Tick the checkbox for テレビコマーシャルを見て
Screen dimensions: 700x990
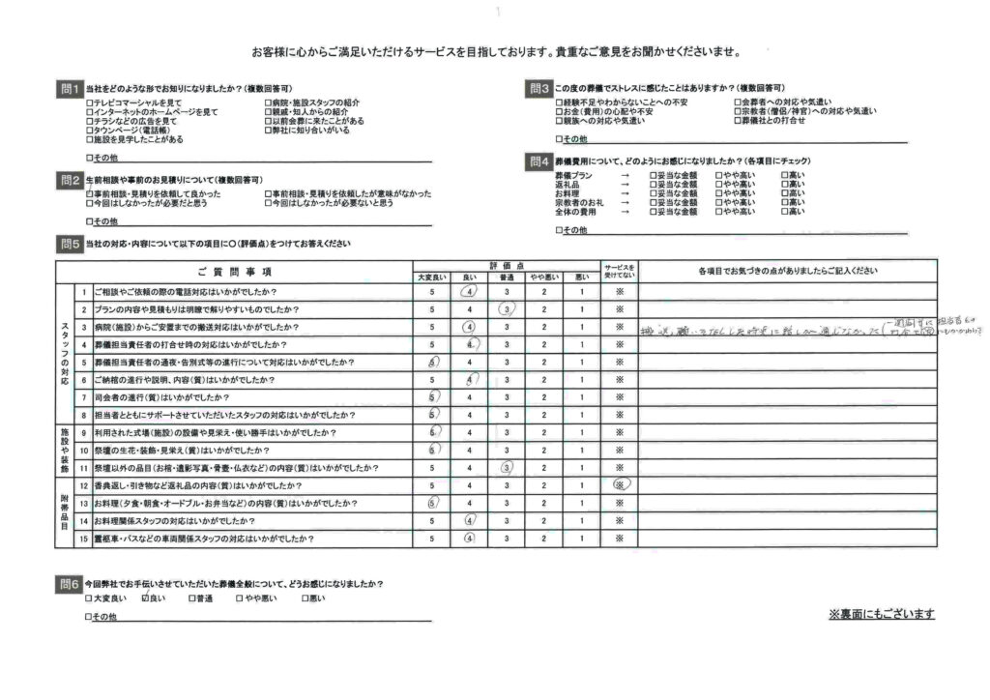(x=90, y=102)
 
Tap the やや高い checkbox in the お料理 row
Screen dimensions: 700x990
(x=719, y=193)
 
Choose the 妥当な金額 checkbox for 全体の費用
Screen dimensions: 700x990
(x=654, y=211)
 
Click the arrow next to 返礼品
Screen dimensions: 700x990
(x=625, y=184)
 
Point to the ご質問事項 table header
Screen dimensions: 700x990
(x=235, y=271)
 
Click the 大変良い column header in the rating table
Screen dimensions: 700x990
(x=431, y=277)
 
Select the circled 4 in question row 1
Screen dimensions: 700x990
(x=470, y=292)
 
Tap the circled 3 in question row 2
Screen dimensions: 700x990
(x=507, y=309)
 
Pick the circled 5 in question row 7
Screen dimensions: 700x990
(x=432, y=397)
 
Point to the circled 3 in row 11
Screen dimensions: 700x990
(x=507, y=468)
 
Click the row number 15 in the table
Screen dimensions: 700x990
(x=84, y=539)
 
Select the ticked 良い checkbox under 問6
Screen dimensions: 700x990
(x=145, y=599)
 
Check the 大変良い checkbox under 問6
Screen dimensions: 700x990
(x=90, y=599)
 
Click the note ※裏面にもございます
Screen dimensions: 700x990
(x=881, y=615)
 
